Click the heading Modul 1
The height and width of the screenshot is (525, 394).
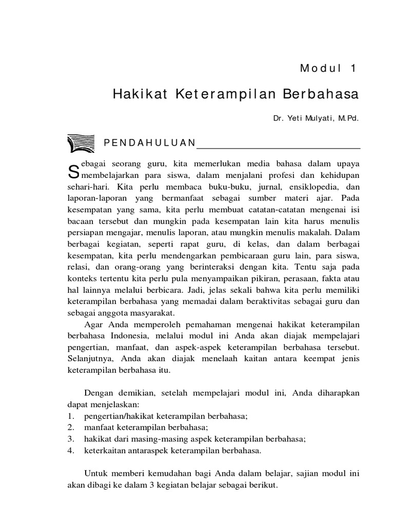[x=328, y=68]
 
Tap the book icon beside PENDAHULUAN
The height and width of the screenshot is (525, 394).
[x=81, y=143]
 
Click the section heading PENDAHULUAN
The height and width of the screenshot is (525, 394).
[x=150, y=143]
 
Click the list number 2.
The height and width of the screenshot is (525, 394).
[x=71, y=427]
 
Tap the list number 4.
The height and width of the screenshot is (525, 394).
[x=71, y=451]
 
